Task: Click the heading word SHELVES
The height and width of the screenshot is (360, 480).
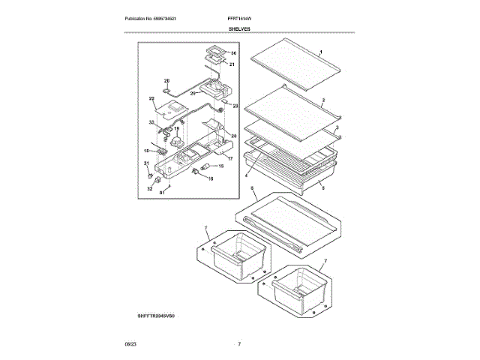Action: point(240,28)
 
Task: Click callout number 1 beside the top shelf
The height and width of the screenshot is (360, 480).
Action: point(321,52)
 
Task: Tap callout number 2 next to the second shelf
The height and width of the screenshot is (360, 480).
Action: point(322,100)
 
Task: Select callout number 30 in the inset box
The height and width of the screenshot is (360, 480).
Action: point(232,54)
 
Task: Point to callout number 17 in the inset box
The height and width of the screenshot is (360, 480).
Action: point(231,159)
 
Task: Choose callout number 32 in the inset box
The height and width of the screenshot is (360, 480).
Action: point(149,189)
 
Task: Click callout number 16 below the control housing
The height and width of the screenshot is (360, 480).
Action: point(210,178)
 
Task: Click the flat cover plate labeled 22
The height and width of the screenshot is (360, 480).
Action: point(177,110)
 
